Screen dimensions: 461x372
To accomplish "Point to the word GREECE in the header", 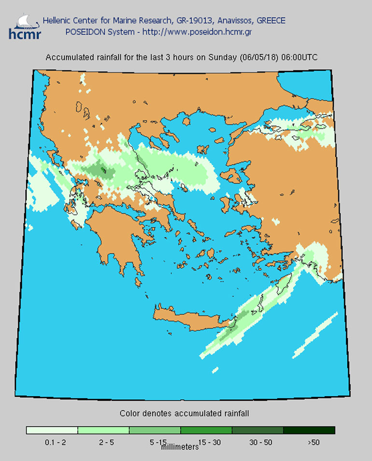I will coord(264,21).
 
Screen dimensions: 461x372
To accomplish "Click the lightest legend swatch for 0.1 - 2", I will coord(52,430).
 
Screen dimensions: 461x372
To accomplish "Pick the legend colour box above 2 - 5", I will coord(103,430).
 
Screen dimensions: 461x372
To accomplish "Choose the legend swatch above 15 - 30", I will coord(206,430).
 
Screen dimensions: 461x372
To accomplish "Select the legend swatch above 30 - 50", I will coord(258,430).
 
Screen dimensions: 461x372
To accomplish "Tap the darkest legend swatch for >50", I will coord(309,430).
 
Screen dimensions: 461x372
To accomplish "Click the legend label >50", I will coord(314,442).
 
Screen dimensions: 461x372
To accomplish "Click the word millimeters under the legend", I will coord(180,447).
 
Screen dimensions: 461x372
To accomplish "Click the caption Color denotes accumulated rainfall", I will coord(184,414).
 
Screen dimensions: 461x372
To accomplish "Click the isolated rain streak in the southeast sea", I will coord(315,335).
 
